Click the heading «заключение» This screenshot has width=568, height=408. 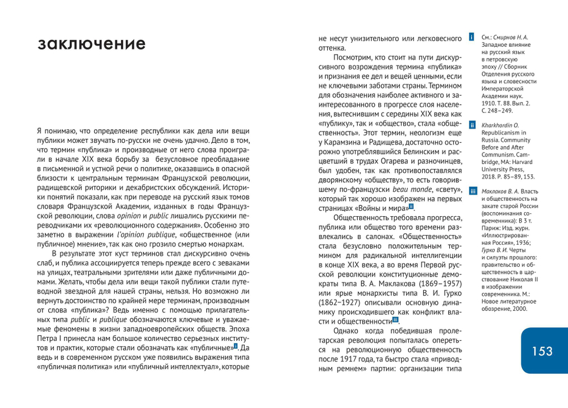tap(91, 44)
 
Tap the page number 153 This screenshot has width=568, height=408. tap(542, 351)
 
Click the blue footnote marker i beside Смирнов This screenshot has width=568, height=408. tap(471, 38)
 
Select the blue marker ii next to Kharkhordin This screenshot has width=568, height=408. tap(471, 125)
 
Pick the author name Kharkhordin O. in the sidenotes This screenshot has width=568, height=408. tap(500, 125)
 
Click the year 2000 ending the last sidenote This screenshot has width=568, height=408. tap(519, 309)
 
